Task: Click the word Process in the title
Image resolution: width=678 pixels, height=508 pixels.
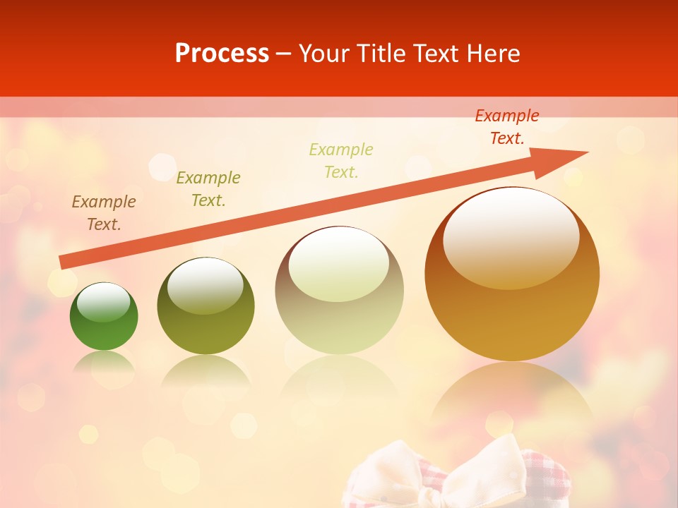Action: pyautogui.click(x=222, y=54)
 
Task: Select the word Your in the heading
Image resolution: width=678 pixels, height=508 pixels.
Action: pyautogui.click(x=325, y=54)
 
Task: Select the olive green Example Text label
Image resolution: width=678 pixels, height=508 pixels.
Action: pyautogui.click(x=208, y=189)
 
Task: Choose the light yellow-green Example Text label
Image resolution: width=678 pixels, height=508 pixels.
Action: pyautogui.click(x=341, y=161)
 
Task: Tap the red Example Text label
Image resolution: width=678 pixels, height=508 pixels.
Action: pyautogui.click(x=507, y=127)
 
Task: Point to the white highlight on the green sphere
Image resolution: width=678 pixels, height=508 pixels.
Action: pyautogui.click(x=104, y=302)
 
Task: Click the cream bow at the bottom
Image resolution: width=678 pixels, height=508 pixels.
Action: pyautogui.click(x=459, y=473)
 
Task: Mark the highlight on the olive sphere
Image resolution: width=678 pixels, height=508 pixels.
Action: pyautogui.click(x=206, y=286)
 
